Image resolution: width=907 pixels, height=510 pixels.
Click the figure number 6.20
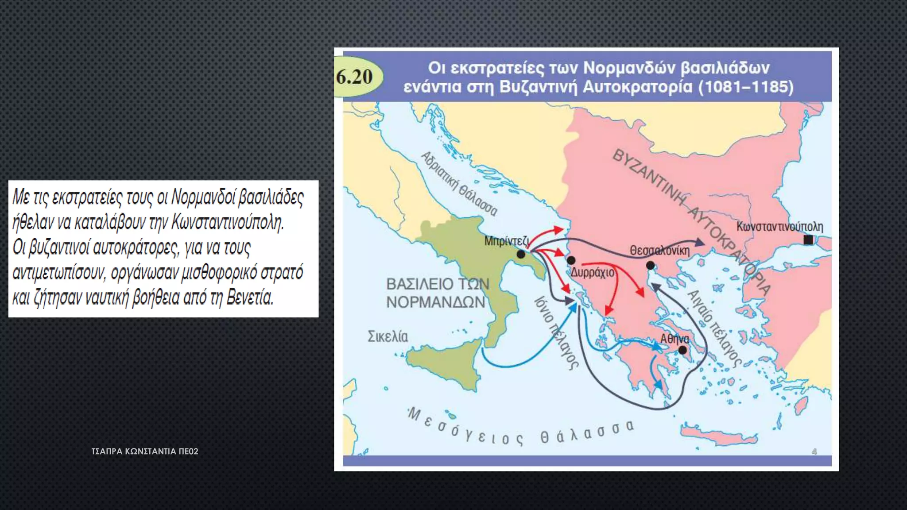[x=354, y=77]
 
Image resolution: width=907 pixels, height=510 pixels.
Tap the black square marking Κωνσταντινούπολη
[x=808, y=240]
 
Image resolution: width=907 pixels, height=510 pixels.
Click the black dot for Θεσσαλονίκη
[x=650, y=266]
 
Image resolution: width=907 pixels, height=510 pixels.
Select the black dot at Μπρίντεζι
[x=521, y=254]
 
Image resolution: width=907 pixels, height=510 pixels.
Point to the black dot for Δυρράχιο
[x=571, y=260]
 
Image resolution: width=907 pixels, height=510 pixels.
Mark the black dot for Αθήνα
[x=683, y=350]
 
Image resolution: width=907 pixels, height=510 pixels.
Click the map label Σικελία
[x=388, y=337]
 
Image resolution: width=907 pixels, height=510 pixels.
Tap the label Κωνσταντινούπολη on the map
[x=779, y=227]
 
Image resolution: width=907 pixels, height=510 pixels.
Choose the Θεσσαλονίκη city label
[x=659, y=251]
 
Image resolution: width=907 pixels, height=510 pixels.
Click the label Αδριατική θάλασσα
[x=459, y=184]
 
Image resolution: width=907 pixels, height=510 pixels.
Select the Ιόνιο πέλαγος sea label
[x=556, y=332]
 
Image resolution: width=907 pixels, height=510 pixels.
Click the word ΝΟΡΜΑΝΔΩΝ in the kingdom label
[x=436, y=302]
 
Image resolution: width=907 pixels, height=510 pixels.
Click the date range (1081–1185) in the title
[x=746, y=87]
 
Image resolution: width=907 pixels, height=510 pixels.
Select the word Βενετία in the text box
[x=250, y=297]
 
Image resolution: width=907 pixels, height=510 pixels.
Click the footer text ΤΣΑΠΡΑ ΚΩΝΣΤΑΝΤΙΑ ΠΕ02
[x=145, y=452]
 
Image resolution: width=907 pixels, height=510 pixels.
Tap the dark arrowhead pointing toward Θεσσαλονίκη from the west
[x=700, y=242]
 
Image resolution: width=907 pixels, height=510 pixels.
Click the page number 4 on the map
[x=814, y=452]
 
